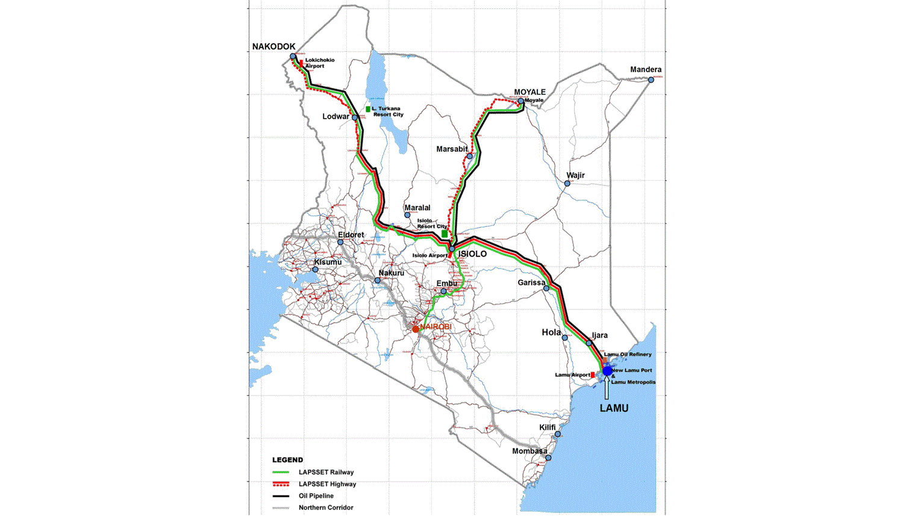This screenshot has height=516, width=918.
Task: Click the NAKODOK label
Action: click(x=274, y=46)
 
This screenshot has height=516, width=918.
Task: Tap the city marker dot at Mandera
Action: click(x=651, y=79)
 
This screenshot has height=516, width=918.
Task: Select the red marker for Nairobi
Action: click(x=416, y=329)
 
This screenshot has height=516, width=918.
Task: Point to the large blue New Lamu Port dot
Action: click(x=607, y=370)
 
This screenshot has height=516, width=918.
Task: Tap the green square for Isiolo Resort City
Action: click(x=445, y=234)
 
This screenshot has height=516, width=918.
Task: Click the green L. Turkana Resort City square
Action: click(x=368, y=109)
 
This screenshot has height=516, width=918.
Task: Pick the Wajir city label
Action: click(x=575, y=175)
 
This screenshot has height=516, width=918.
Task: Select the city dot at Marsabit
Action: click(x=470, y=157)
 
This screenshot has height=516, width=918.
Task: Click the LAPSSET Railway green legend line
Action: click(x=281, y=473)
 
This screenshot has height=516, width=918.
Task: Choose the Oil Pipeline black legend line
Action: click(x=281, y=496)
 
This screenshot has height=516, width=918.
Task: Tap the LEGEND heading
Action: click(x=287, y=460)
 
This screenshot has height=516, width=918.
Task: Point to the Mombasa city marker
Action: click(x=548, y=458)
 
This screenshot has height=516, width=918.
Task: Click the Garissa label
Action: click(x=531, y=282)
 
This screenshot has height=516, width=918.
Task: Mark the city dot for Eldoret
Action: click(x=340, y=243)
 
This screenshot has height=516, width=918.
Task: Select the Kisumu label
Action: click(x=328, y=262)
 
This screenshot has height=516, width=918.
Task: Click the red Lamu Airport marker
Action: click(x=593, y=375)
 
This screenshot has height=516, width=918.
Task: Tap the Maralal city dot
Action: click(x=407, y=215)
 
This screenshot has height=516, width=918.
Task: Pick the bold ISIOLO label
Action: click(x=472, y=254)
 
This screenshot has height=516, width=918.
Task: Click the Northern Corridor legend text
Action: click(x=326, y=508)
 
